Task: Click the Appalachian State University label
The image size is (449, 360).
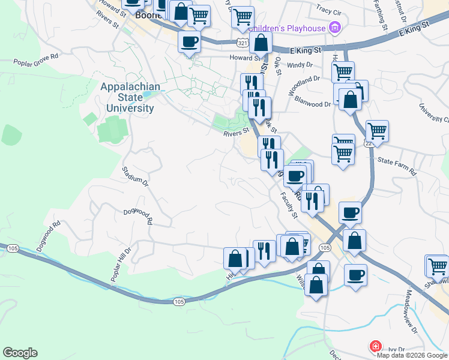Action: [x=130, y=98]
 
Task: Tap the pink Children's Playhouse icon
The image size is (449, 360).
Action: [x=335, y=28]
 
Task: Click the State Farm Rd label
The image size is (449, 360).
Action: [x=397, y=166]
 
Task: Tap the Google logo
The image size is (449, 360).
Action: [x=20, y=353]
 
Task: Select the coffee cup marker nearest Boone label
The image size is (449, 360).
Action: [x=190, y=42]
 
